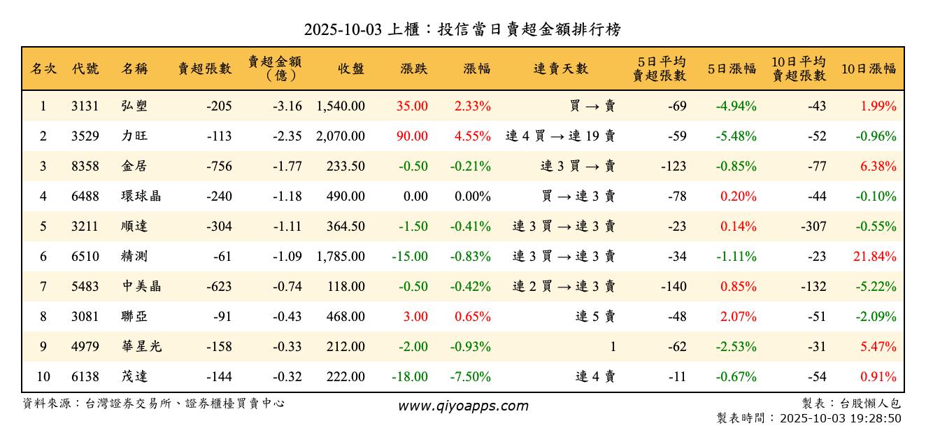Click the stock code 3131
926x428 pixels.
click(x=85, y=106)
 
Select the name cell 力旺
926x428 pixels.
click(x=134, y=136)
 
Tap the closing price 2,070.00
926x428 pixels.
click(x=341, y=136)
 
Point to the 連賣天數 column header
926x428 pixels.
click(x=561, y=69)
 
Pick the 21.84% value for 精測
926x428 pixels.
click(x=874, y=257)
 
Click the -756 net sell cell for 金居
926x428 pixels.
click(x=219, y=166)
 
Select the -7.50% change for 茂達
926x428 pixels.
click(x=472, y=377)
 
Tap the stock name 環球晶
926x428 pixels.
click(x=141, y=197)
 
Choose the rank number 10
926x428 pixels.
click(x=43, y=377)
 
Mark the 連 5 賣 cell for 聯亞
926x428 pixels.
click(x=595, y=317)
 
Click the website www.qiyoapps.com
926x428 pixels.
click(x=463, y=406)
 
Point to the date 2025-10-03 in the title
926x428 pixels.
click(x=343, y=29)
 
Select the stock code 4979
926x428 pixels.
click(x=85, y=347)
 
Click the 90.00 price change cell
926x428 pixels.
click(x=412, y=136)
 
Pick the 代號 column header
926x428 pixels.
click(x=85, y=69)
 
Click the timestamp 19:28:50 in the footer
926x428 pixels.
click(x=874, y=418)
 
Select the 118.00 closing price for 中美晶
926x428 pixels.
click(x=346, y=287)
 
